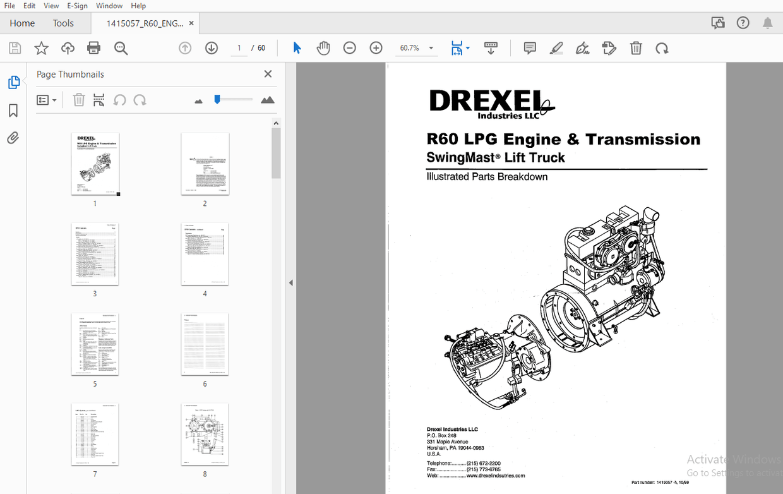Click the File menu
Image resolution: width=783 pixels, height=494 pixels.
coord(9,6)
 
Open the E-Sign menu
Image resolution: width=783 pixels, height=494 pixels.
coord(78,6)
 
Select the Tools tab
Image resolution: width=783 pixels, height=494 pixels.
coord(63,23)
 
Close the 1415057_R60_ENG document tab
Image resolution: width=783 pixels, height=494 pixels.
coord(191,23)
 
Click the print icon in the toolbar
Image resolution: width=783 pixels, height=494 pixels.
coord(94,48)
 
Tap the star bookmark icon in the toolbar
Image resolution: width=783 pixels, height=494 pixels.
coord(41,48)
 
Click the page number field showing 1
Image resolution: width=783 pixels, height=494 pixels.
coord(239,48)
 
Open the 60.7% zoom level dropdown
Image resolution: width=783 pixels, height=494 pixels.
coord(431,48)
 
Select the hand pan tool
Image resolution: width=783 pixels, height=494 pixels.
coord(323,48)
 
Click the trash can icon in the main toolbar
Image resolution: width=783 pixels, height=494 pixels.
coord(636,48)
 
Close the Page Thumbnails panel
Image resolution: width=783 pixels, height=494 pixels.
coord(268,74)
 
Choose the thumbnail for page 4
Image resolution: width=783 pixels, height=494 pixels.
coord(205,254)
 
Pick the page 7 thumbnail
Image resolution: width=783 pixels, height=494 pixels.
coord(95,434)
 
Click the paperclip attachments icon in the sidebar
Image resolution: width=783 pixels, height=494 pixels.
coord(13,138)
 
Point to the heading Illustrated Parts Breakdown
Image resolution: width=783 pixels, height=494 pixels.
coord(487,177)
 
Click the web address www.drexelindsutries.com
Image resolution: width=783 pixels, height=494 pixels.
coord(495,476)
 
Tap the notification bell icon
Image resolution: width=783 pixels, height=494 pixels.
coord(767,23)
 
